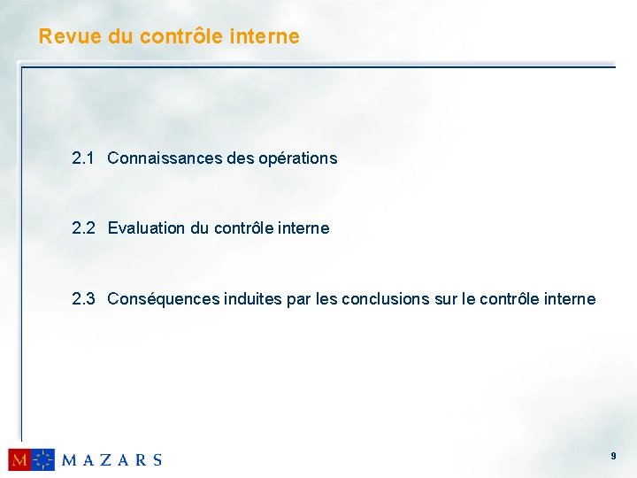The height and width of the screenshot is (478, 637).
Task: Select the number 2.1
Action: point(83,158)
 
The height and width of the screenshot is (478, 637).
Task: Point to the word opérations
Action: point(297,159)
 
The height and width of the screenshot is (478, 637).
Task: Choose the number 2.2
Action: point(83,228)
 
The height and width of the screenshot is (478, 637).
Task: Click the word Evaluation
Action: point(146,228)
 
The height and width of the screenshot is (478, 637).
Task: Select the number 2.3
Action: point(83,299)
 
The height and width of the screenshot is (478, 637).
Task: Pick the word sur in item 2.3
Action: point(445,299)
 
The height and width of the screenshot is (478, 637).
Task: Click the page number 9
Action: point(613,456)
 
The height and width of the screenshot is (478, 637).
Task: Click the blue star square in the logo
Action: point(43,459)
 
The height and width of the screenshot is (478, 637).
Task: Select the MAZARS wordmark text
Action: point(111,460)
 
